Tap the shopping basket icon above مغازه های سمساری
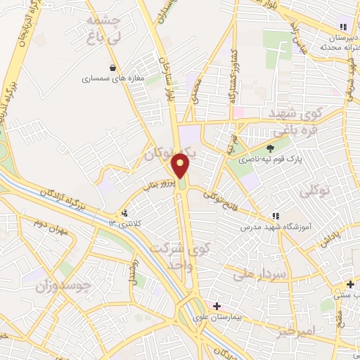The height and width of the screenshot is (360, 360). pyautogui.click(x=113, y=68)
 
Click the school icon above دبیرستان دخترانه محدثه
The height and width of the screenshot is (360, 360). pyautogui.click(x=342, y=26)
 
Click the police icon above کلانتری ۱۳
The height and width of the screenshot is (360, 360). pyautogui.click(x=124, y=212)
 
